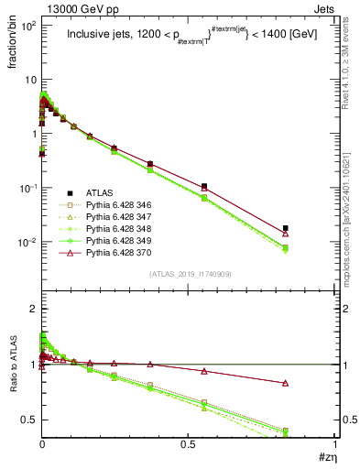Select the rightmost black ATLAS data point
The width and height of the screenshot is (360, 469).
click(286, 228)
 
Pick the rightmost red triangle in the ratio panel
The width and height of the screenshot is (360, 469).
click(286, 383)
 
